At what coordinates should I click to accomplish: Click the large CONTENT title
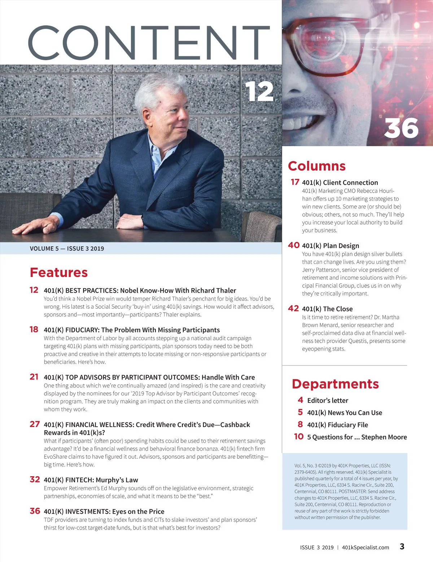pos(149,43)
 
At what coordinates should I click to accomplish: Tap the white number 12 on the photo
pos(259,91)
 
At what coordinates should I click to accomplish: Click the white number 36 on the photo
pos(401,128)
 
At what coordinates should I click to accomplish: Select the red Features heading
pos(59,272)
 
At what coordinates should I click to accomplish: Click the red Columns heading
pos(316,166)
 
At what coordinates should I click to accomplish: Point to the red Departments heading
pos(335,384)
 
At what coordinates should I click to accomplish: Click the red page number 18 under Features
pos(34,329)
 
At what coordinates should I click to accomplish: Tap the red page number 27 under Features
pos(35,424)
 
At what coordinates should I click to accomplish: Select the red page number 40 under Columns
pos(294,245)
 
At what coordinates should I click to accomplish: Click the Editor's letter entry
pos(327,400)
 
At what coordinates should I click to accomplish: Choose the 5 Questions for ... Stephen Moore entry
pos(357,437)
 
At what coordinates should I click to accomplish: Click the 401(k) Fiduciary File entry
pos(337,425)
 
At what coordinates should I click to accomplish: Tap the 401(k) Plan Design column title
pos(330,246)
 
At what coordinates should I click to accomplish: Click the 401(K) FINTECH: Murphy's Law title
pos(91,480)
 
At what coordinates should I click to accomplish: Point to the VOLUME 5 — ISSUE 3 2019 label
pos(67,249)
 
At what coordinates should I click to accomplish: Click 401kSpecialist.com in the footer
pos(365,547)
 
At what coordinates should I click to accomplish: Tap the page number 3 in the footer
pos(402,546)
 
